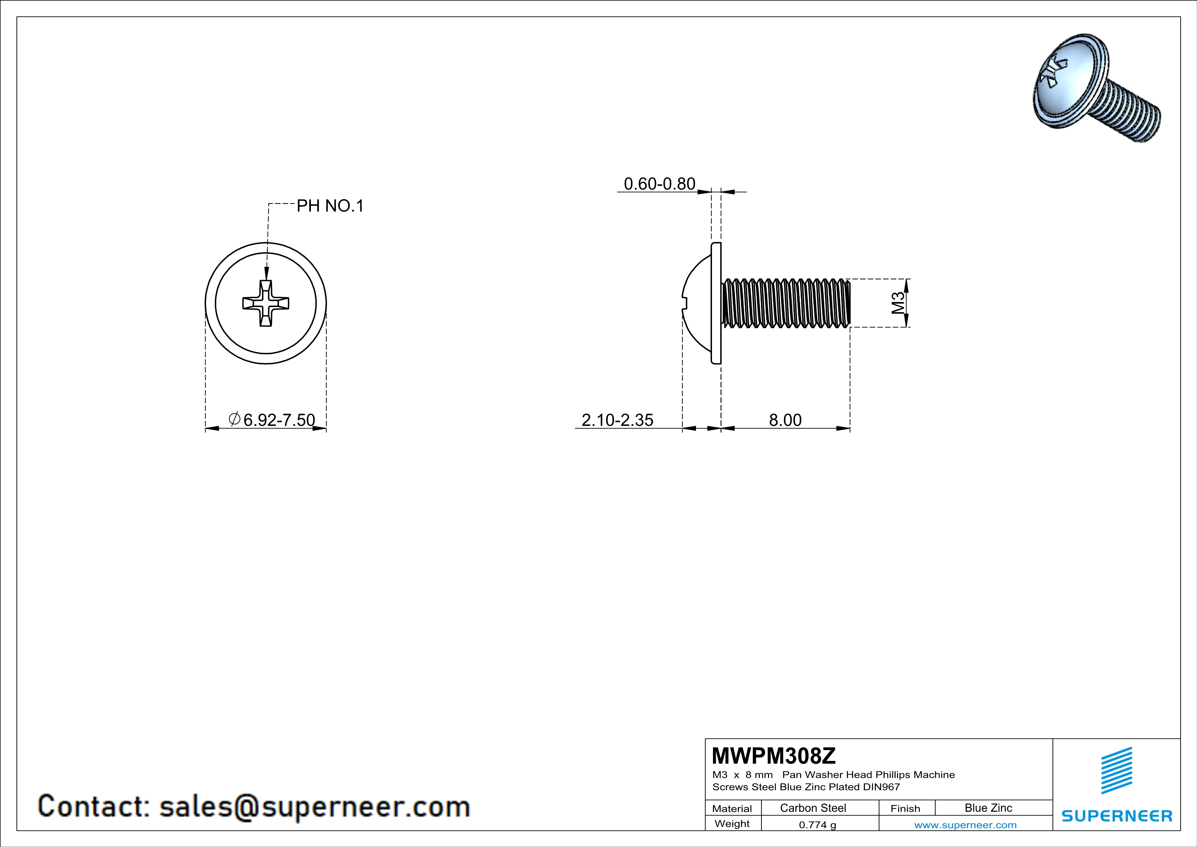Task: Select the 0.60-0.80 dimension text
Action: pos(659,184)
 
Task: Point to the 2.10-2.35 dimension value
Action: pos(617,420)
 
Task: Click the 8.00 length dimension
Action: pos(785,420)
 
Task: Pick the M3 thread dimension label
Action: pos(898,303)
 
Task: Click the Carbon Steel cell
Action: pos(813,808)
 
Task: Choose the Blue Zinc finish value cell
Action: pos(988,808)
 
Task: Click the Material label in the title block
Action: pos(732,808)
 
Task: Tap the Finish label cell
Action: pos(905,808)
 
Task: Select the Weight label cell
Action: pos(732,823)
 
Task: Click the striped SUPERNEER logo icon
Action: pos(1116,770)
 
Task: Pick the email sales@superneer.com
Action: pos(314,806)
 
